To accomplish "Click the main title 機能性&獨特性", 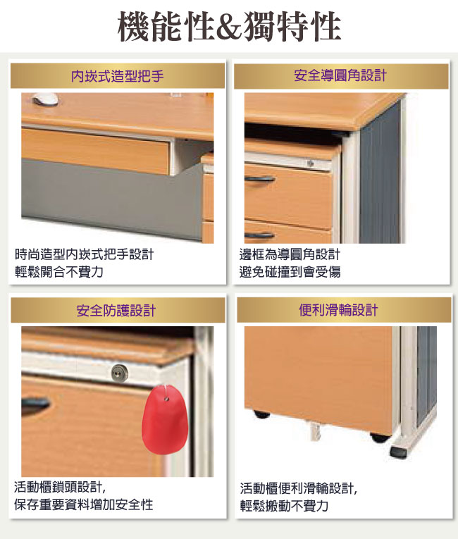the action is pos(229,27).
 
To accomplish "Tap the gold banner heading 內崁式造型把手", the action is pos(118,76).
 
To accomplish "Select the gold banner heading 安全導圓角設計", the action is pos(340,75).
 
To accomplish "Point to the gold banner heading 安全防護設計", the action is pos(116,311).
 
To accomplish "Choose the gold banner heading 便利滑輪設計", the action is pos(339,310).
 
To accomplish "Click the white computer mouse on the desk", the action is pos(45,99).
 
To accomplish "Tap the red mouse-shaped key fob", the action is pos(165,419).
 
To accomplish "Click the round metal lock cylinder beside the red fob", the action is pos(120,372).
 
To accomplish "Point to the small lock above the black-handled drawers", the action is pos(310,163).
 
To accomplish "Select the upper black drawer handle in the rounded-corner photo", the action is pos(259,179).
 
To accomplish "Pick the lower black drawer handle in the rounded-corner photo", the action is pos(259,235).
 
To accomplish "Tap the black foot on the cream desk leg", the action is pos(399,452).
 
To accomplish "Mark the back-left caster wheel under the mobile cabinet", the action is pos(261,414).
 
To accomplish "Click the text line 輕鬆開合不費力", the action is pos(59,272).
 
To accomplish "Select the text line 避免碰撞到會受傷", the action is pos(290,272).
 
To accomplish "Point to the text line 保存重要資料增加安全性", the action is pos(84,504).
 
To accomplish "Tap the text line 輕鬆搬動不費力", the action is pos(284,506).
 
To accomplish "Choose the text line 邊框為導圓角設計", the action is pos(290,254).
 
